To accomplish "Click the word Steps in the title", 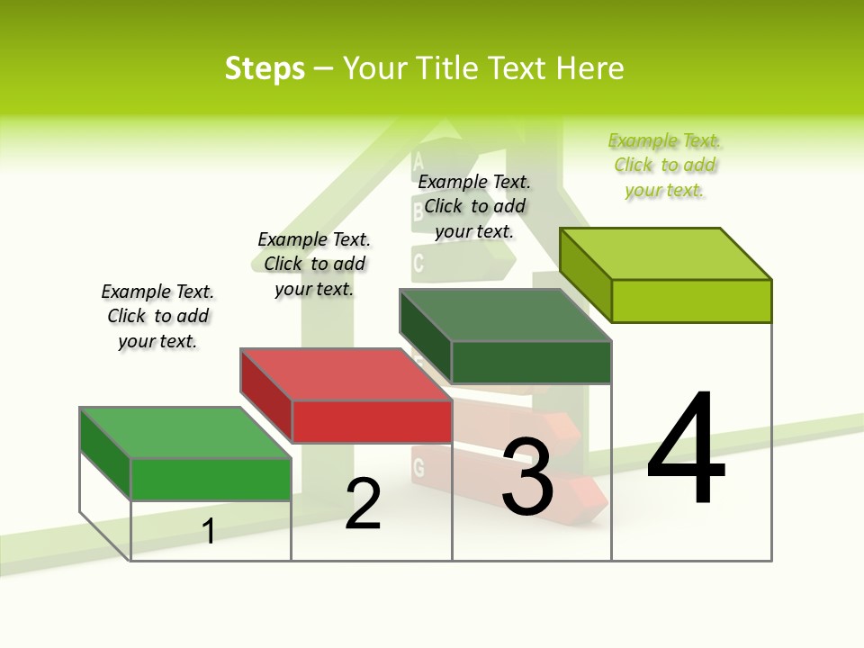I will tap(265, 68).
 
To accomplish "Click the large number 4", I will tap(686, 450).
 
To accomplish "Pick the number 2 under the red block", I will tap(363, 504).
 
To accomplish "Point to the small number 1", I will tap(209, 531).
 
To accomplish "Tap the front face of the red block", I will tap(372, 421).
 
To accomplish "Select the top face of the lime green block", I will tap(665, 253).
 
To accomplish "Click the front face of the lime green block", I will tap(691, 301).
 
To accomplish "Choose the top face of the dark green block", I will tap(505, 315).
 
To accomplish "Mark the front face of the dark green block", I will tap(531, 362).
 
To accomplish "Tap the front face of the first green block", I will tap(211, 479).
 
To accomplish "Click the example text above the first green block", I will tap(158, 316).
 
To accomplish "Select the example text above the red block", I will tap(314, 264).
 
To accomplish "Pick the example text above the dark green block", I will tap(474, 206).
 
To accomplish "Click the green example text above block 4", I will tap(665, 165).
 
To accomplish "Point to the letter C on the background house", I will tap(418, 263).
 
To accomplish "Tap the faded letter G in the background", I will tap(418, 467).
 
